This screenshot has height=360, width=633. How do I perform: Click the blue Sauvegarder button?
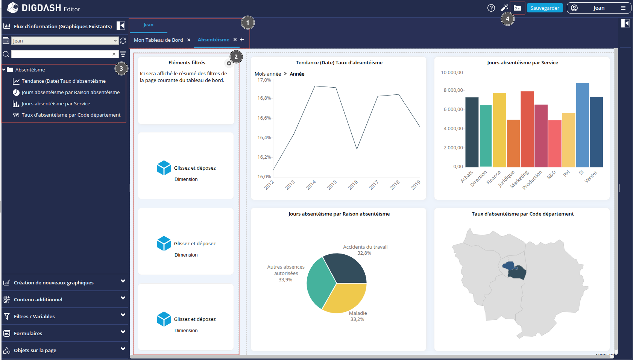tap(545, 8)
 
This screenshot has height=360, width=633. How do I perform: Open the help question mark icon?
tap(491, 8)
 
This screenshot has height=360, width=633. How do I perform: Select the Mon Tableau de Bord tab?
tap(158, 40)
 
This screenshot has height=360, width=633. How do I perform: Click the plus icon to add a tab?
tap(242, 39)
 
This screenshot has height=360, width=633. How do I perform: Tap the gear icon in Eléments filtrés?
tap(229, 63)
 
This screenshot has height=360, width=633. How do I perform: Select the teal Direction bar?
tap(486, 136)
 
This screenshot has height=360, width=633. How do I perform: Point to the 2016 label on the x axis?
tap(353, 185)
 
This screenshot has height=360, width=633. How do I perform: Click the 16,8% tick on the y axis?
tap(264, 98)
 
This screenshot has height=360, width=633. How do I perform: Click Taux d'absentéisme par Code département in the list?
tap(71, 115)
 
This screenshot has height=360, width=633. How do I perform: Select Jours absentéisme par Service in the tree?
tap(56, 104)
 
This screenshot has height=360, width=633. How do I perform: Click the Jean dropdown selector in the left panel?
tap(65, 41)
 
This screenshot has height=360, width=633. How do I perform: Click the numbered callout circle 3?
tap(121, 68)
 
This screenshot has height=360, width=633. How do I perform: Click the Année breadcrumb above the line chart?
tap(297, 74)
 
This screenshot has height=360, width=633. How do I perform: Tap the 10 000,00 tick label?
tap(452, 73)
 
